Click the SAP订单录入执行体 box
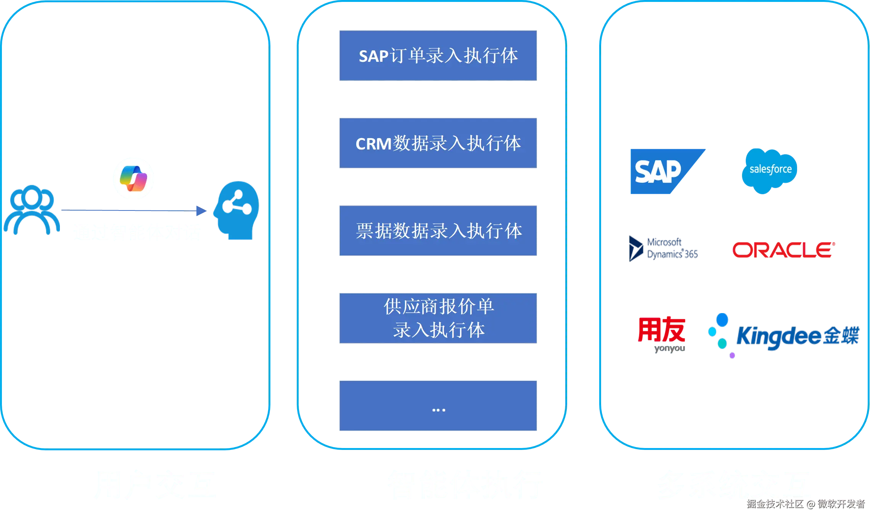click(x=438, y=55)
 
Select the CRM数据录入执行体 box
click(x=438, y=143)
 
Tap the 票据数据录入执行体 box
click(x=438, y=231)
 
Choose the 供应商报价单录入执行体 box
click(x=438, y=318)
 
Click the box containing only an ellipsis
click(x=438, y=406)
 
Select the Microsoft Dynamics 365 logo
click(x=664, y=248)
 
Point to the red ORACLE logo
click(x=783, y=250)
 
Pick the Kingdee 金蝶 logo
click(x=784, y=336)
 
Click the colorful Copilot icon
click(x=134, y=178)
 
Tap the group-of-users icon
click(x=32, y=209)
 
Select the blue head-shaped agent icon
click(x=237, y=210)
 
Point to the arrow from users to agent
click(x=133, y=210)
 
